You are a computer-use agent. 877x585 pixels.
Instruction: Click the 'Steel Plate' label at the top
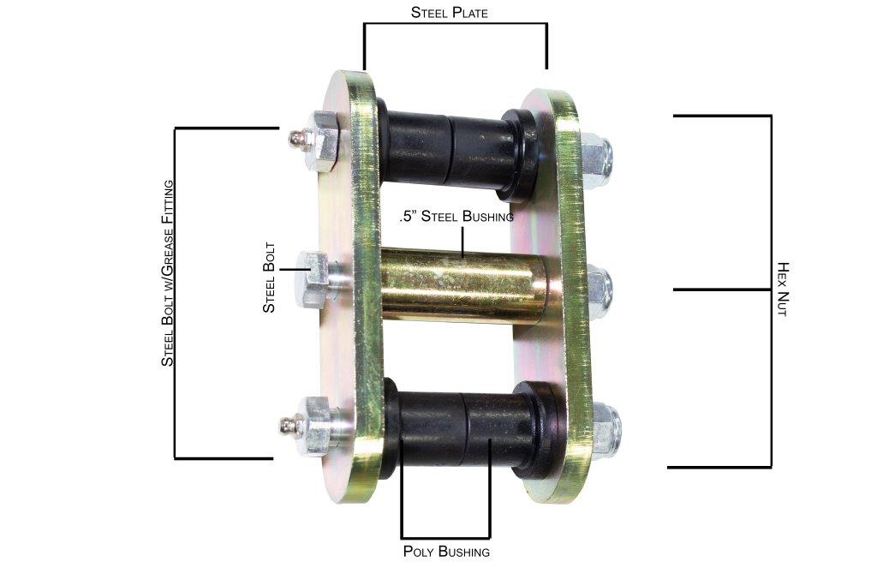(x=450, y=12)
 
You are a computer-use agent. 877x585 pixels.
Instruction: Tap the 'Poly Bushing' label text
(x=446, y=552)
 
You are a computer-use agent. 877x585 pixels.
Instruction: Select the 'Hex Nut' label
(x=781, y=290)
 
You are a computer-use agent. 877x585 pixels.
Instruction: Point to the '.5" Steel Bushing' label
(x=456, y=217)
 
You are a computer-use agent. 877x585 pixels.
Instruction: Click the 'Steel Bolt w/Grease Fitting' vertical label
(x=168, y=272)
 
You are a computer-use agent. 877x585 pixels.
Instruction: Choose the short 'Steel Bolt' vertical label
(x=269, y=281)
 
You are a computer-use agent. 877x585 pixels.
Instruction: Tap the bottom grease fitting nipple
(x=291, y=424)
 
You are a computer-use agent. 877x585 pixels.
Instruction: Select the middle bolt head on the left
(x=314, y=280)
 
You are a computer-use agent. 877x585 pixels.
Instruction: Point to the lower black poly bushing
(x=462, y=428)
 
